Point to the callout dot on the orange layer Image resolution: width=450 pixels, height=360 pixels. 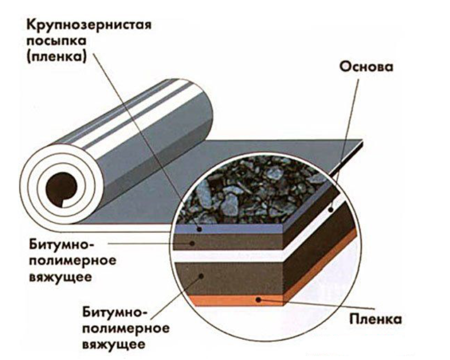point(259,300)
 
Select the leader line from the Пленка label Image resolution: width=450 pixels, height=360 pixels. point(311,310)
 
